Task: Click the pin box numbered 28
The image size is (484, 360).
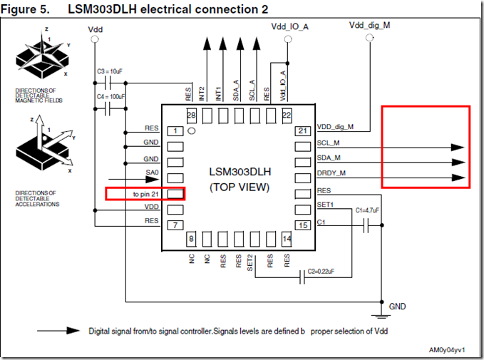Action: (190, 115)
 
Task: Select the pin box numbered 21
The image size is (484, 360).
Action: (302, 130)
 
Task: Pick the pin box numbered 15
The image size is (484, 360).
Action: (302, 225)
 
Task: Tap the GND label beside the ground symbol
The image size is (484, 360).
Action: (398, 306)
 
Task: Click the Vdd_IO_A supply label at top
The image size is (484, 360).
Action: (289, 26)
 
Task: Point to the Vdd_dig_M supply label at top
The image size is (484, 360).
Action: (369, 25)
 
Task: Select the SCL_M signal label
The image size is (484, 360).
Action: (329, 143)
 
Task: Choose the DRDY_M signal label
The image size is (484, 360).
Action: (332, 174)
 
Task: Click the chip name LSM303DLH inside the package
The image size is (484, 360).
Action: (239, 172)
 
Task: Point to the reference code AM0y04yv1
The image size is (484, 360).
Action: (446, 350)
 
